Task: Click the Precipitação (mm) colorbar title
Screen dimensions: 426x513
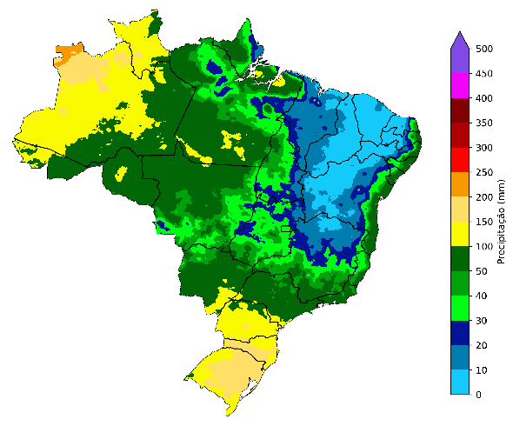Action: (502, 222)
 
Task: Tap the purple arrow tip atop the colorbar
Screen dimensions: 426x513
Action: (460, 36)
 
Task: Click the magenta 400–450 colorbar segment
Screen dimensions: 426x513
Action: (460, 86)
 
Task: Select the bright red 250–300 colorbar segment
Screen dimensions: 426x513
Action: (460, 160)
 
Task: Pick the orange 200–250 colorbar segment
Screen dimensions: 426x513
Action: (460, 184)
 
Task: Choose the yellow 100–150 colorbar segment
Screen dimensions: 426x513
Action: (460, 234)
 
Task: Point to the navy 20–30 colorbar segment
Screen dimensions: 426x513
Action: (460, 333)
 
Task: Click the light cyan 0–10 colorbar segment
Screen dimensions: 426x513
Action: (460, 383)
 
